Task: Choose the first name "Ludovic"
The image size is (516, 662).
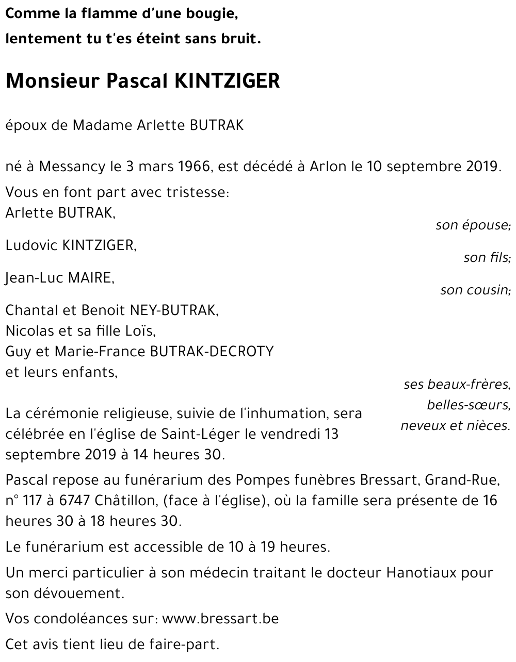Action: click(31, 246)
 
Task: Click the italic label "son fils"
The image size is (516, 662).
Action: click(487, 257)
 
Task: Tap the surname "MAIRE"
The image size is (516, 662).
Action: click(90, 278)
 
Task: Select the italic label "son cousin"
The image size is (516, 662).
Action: click(475, 290)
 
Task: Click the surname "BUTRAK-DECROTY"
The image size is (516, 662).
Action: click(211, 351)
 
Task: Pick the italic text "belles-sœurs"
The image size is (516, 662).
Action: click(468, 405)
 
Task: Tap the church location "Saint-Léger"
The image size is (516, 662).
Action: click(198, 434)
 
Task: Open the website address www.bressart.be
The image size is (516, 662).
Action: click(220, 619)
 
